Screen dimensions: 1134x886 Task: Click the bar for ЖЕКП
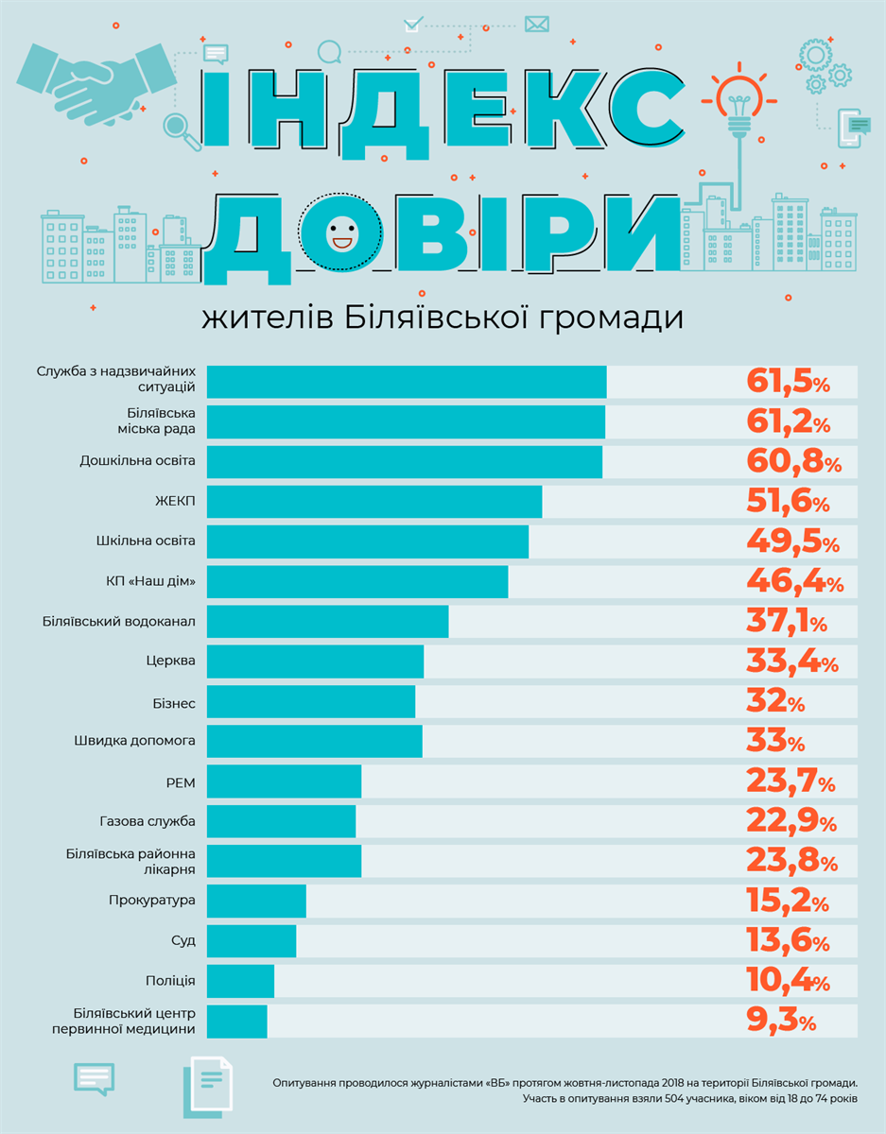pos(374,502)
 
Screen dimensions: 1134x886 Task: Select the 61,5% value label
pos(788,382)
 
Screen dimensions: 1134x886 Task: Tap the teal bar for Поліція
pos(240,981)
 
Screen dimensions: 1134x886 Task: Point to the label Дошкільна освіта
pos(138,461)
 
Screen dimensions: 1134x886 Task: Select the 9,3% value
pos(780,1022)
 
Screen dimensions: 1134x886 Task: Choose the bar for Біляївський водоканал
pos(327,622)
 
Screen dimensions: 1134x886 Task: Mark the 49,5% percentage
pos(792,542)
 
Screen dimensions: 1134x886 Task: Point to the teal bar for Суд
pos(252,941)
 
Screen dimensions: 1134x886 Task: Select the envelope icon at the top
pos(536,24)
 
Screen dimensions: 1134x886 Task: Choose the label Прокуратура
pos(152,900)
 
